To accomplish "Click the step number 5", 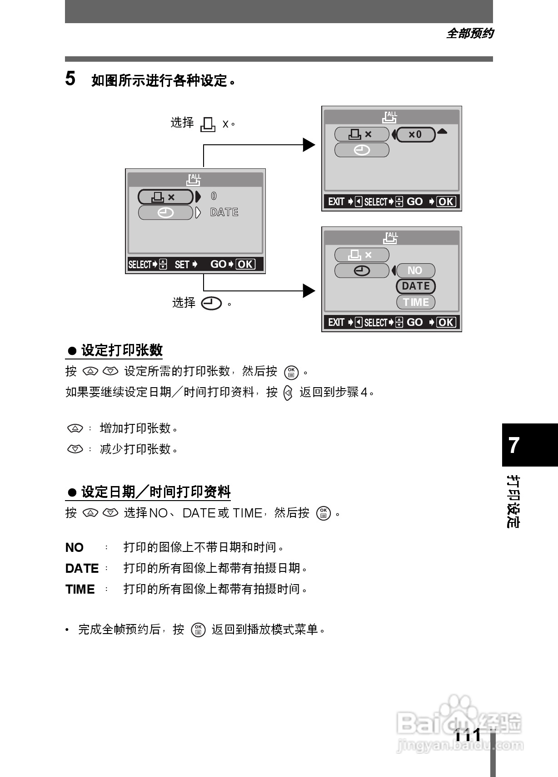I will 70,79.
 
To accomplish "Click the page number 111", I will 468,734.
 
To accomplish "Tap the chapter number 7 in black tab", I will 514,445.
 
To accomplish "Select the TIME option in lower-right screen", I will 416,302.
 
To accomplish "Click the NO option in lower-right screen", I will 415,270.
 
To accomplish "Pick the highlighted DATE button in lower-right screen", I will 416,286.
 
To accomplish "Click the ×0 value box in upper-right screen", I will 416,134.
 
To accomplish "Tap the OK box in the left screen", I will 245,264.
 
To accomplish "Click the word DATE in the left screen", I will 224,212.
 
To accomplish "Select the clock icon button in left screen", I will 165,212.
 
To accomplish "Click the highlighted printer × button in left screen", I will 165,197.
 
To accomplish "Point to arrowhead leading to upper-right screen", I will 309,145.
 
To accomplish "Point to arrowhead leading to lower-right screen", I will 309,290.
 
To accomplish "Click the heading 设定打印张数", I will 121,350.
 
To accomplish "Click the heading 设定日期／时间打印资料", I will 155,492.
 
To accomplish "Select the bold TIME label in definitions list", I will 80,589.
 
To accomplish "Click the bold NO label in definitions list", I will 74,547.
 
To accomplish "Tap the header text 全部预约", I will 470,33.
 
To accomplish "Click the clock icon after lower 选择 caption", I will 211,303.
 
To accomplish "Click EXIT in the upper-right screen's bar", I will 336,202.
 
